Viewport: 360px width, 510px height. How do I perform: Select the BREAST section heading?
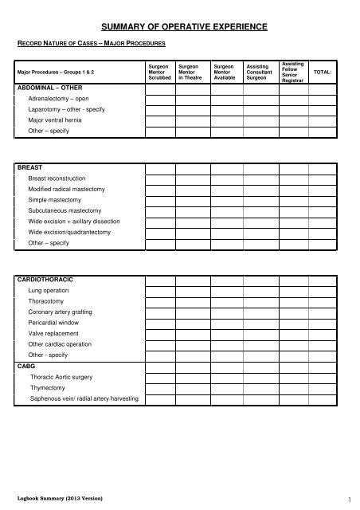point(30,168)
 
